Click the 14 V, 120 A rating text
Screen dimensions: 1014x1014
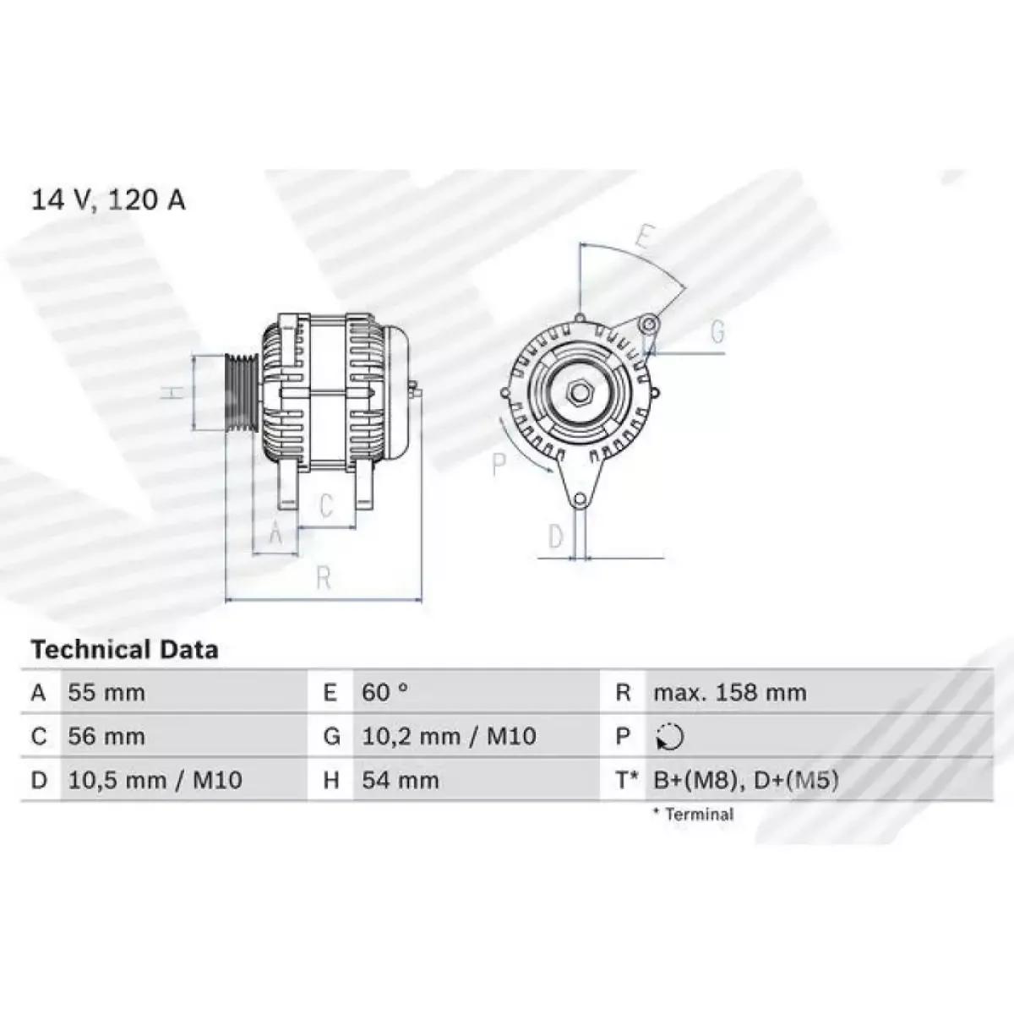[x=108, y=200]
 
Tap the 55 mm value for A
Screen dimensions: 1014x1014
[x=106, y=693]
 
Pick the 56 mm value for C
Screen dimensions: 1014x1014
[x=106, y=736]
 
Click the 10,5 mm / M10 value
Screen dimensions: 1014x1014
[x=155, y=780]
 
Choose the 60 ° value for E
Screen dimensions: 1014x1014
[x=384, y=693]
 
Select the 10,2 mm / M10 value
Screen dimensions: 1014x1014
[x=449, y=736]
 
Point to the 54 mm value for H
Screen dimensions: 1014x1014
[x=400, y=780]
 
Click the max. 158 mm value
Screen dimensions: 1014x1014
[x=730, y=693]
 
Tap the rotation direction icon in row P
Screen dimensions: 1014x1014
[x=670, y=737]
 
